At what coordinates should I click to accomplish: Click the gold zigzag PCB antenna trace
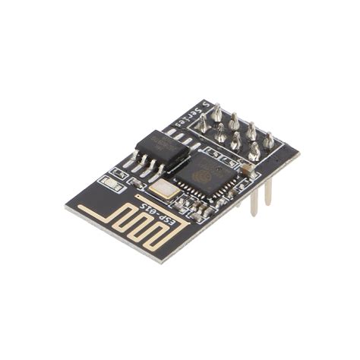pyautogui.click(x=129, y=219)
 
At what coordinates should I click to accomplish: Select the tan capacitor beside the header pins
pyautogui.click(x=248, y=169)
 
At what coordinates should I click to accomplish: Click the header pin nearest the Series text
pyautogui.click(x=216, y=114)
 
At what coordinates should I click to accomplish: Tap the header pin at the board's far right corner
pyautogui.click(x=269, y=141)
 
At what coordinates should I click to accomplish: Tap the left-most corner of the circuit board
pyautogui.click(x=66, y=207)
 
